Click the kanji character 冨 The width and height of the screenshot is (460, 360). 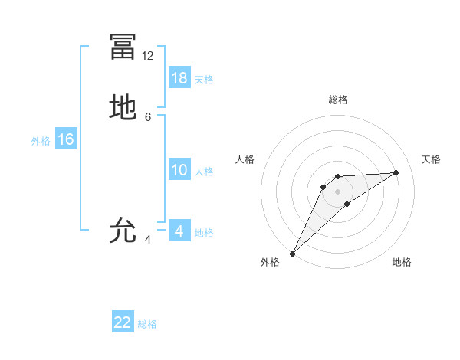(123, 46)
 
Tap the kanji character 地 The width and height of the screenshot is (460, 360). (123, 107)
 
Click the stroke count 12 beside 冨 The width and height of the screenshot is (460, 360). (148, 56)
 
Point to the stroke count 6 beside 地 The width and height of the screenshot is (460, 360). (148, 116)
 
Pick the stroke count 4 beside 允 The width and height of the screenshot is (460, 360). (148, 239)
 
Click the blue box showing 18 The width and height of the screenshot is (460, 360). (179, 78)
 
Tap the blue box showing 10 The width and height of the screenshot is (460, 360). (179, 170)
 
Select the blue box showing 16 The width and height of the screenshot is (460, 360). (66, 139)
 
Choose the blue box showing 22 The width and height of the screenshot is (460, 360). (123, 322)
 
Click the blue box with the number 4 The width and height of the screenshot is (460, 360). (179, 231)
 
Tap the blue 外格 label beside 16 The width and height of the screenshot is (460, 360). (41, 141)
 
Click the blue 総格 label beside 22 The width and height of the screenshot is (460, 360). (147, 324)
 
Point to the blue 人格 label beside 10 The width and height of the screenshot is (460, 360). (205, 172)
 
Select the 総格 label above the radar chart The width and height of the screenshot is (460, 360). (337, 100)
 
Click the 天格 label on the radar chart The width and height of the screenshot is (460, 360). (431, 159)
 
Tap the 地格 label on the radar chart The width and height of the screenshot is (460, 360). (402, 262)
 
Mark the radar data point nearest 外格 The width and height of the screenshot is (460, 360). (292, 254)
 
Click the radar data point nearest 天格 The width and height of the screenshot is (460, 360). (396, 172)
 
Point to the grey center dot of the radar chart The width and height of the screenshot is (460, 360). (337, 191)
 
